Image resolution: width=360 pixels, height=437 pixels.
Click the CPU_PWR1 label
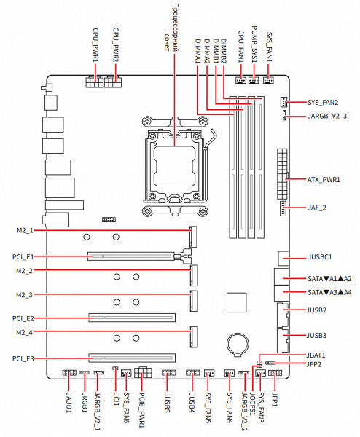pos(95,45)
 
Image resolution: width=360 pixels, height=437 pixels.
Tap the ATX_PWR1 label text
pos(324,180)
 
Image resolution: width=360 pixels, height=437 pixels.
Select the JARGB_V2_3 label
pos(327,117)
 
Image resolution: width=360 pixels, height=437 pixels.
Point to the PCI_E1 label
pos(23,256)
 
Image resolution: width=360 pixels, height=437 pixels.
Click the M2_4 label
pos(25,333)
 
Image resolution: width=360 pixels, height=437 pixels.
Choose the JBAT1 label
pos(316,355)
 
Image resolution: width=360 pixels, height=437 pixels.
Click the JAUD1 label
pos(69,403)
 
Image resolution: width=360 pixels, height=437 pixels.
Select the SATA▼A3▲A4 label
pos(329,293)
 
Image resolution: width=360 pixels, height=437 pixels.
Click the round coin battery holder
pos(238,345)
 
